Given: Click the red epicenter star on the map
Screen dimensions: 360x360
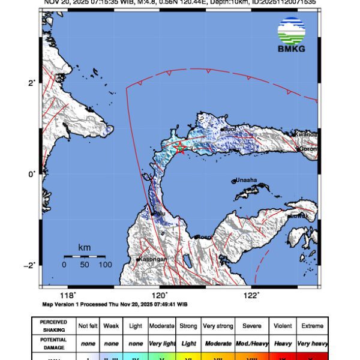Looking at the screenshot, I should [x=180, y=148].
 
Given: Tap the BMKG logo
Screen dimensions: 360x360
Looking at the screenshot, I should [x=292, y=35].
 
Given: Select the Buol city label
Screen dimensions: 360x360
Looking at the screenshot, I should [x=229, y=128].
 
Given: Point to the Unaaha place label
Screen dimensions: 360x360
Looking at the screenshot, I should [x=247, y=179].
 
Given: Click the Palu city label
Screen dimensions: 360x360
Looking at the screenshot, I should [x=159, y=213].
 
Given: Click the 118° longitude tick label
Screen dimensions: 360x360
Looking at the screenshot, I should [x=68, y=295].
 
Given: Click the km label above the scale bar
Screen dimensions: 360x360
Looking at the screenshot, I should [x=85, y=247].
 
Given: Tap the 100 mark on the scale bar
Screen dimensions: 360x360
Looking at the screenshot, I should [x=105, y=264].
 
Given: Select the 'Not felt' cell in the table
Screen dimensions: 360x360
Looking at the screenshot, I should [x=88, y=326].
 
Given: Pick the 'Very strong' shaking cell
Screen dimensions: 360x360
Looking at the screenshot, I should [x=217, y=326].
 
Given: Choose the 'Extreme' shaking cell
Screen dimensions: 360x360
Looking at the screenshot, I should [x=311, y=326].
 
